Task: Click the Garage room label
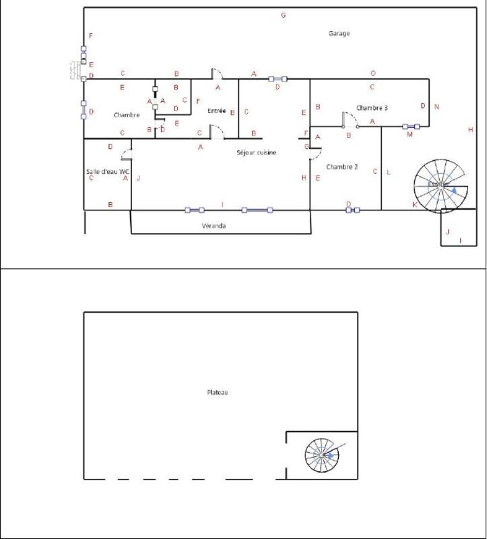click(339, 33)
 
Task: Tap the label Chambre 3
click(372, 108)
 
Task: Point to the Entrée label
click(216, 111)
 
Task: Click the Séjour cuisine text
click(256, 153)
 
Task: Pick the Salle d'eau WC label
click(107, 171)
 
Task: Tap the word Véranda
click(214, 226)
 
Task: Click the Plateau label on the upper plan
click(217, 392)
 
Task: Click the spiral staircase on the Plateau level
click(323, 455)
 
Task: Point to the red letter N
click(436, 106)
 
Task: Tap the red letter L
click(389, 172)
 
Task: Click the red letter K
click(414, 204)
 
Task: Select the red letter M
click(409, 135)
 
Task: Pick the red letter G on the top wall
click(283, 15)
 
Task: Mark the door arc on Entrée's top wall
click(217, 72)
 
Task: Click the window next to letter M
click(411, 126)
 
